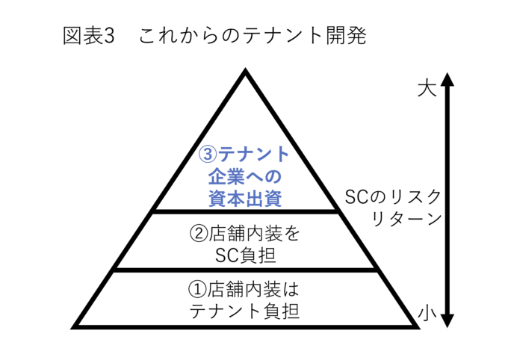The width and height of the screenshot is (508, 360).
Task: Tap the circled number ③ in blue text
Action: (x=207, y=155)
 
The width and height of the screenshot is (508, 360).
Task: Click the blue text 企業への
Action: (x=244, y=176)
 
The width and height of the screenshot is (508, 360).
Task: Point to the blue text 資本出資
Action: (x=244, y=198)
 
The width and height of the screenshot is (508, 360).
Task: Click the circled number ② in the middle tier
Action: (x=198, y=232)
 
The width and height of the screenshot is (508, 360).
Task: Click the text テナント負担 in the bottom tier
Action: (x=244, y=309)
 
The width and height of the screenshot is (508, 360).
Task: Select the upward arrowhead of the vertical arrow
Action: (x=447, y=78)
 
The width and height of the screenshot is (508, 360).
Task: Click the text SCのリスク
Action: (x=391, y=197)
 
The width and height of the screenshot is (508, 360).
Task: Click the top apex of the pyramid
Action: (x=244, y=72)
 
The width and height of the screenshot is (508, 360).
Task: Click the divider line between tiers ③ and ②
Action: (x=244, y=212)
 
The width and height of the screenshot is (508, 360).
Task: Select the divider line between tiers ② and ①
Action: (x=244, y=270)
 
